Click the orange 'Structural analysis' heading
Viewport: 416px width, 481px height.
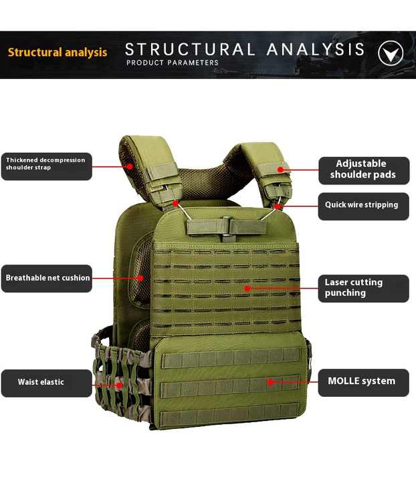(58, 52)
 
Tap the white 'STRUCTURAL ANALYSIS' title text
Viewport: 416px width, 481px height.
(245, 49)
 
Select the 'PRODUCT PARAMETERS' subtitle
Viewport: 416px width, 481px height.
(173, 63)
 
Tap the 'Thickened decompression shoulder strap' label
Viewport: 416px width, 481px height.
(46, 164)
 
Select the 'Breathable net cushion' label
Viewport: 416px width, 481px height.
(47, 278)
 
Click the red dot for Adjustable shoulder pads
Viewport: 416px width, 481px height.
(281, 170)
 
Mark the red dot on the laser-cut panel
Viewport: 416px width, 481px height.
(247, 289)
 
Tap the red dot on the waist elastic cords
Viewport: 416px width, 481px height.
(119, 384)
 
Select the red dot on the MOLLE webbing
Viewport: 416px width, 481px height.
(270, 382)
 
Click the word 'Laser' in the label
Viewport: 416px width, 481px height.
(337, 283)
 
